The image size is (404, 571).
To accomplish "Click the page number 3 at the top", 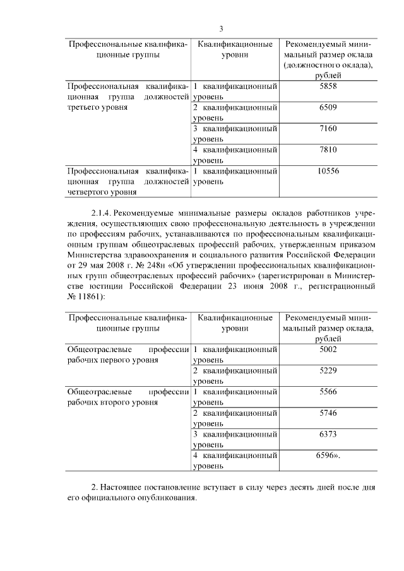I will [221, 28].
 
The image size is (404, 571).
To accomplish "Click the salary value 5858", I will [328, 86].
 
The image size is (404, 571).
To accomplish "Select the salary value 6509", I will [328, 107].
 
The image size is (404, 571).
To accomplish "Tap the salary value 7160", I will [328, 129].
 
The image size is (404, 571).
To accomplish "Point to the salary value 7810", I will [328, 150].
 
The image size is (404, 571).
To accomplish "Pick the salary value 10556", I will [328, 171].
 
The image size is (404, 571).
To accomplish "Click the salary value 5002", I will [328, 349].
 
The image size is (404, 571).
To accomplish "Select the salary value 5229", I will [328, 370].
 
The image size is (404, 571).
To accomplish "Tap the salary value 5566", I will [328, 392].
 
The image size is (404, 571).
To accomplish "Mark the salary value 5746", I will [328, 413].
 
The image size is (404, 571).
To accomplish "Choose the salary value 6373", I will [328, 434].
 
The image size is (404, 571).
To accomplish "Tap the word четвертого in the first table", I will [88, 192].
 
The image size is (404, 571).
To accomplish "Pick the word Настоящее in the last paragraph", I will [122, 487].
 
